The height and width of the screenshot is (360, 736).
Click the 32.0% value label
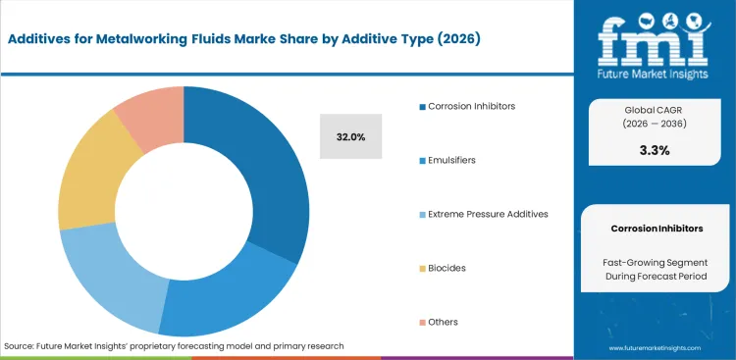350,136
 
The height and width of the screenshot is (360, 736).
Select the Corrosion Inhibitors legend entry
471,106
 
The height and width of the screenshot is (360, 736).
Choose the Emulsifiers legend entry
451,160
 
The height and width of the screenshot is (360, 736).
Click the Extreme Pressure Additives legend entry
488,214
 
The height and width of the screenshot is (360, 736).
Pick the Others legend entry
443,322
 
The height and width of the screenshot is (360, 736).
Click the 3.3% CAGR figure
655,150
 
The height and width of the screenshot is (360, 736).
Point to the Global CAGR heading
655,110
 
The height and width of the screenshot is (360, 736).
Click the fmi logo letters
655,36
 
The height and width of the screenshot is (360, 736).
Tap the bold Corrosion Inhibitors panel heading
657,228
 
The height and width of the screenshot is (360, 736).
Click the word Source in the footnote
20,346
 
